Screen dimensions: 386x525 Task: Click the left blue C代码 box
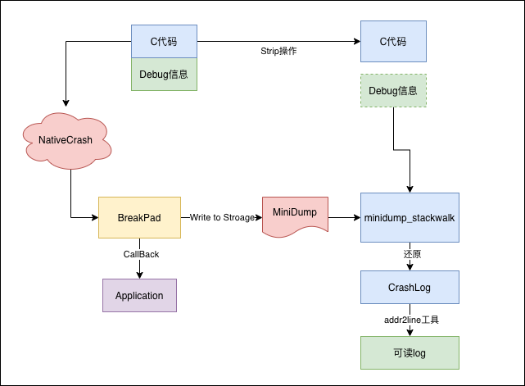click(x=164, y=41)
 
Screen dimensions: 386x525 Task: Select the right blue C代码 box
click(x=393, y=41)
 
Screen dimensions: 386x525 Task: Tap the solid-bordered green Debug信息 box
click(x=164, y=74)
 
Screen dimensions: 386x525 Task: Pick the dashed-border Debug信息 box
click(x=393, y=90)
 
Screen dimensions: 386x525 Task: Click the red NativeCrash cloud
click(x=65, y=140)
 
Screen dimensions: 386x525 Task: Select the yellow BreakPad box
click(x=139, y=217)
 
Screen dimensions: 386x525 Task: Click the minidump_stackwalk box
click(x=410, y=217)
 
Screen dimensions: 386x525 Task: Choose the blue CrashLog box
click(x=410, y=288)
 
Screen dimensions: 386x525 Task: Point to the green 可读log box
click(x=410, y=352)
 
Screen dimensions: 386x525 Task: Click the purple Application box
click(x=139, y=295)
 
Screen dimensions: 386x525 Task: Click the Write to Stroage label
click(x=222, y=217)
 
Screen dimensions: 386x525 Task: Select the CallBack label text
click(x=140, y=254)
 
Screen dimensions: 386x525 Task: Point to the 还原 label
click(x=412, y=254)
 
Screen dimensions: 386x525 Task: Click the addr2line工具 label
click(x=413, y=320)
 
